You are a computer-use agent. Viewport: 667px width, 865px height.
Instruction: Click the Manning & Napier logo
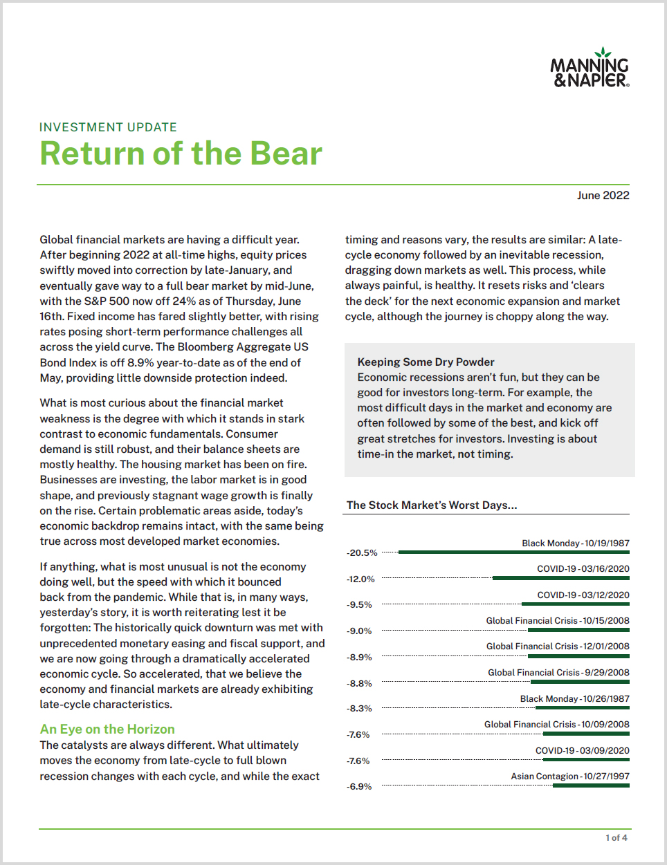coord(590,68)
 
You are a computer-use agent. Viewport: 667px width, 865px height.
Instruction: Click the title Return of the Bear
coord(181,154)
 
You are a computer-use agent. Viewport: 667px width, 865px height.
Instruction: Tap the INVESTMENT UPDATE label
coord(108,127)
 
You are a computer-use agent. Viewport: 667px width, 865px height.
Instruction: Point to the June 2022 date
coord(603,196)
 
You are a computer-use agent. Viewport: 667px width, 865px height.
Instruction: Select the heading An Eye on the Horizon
coord(107,729)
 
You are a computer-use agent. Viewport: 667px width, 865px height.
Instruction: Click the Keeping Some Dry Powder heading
coord(426,362)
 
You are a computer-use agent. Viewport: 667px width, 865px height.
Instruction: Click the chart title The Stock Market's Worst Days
coord(432,505)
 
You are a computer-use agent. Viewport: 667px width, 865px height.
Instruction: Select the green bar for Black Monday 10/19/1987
coord(513,552)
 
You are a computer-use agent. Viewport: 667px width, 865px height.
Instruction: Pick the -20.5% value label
coord(362,553)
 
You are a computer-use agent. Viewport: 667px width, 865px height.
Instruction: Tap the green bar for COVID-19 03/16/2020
coord(560,577)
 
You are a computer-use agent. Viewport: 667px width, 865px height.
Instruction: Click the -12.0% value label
coord(360,579)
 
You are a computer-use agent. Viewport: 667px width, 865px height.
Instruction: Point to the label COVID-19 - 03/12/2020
coord(583,595)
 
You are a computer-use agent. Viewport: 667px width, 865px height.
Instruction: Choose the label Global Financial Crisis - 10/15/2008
coord(558,620)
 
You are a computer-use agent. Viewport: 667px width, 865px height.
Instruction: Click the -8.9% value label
coord(359,657)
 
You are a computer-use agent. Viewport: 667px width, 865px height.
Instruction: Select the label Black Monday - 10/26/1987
coord(575,698)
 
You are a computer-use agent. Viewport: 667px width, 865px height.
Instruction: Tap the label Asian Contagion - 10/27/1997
coord(570,776)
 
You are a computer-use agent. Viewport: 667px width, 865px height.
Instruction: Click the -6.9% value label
coord(359,786)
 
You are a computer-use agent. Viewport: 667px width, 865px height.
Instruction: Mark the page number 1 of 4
coord(616,837)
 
